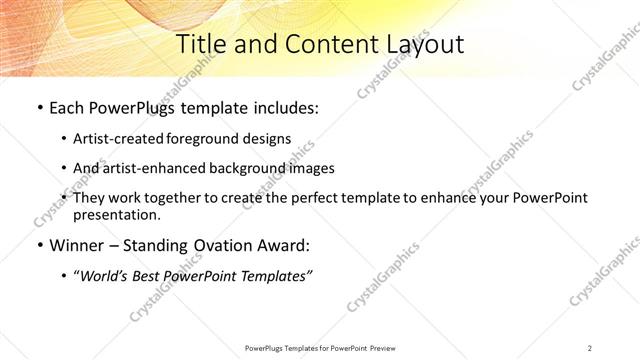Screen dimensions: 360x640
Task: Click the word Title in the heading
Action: pos(201,44)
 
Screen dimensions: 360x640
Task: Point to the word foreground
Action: pos(211,139)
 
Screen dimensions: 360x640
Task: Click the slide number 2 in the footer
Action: pos(590,347)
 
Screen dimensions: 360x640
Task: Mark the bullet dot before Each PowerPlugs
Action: pos(39,107)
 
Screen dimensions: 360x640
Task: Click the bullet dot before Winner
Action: pos(39,245)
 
